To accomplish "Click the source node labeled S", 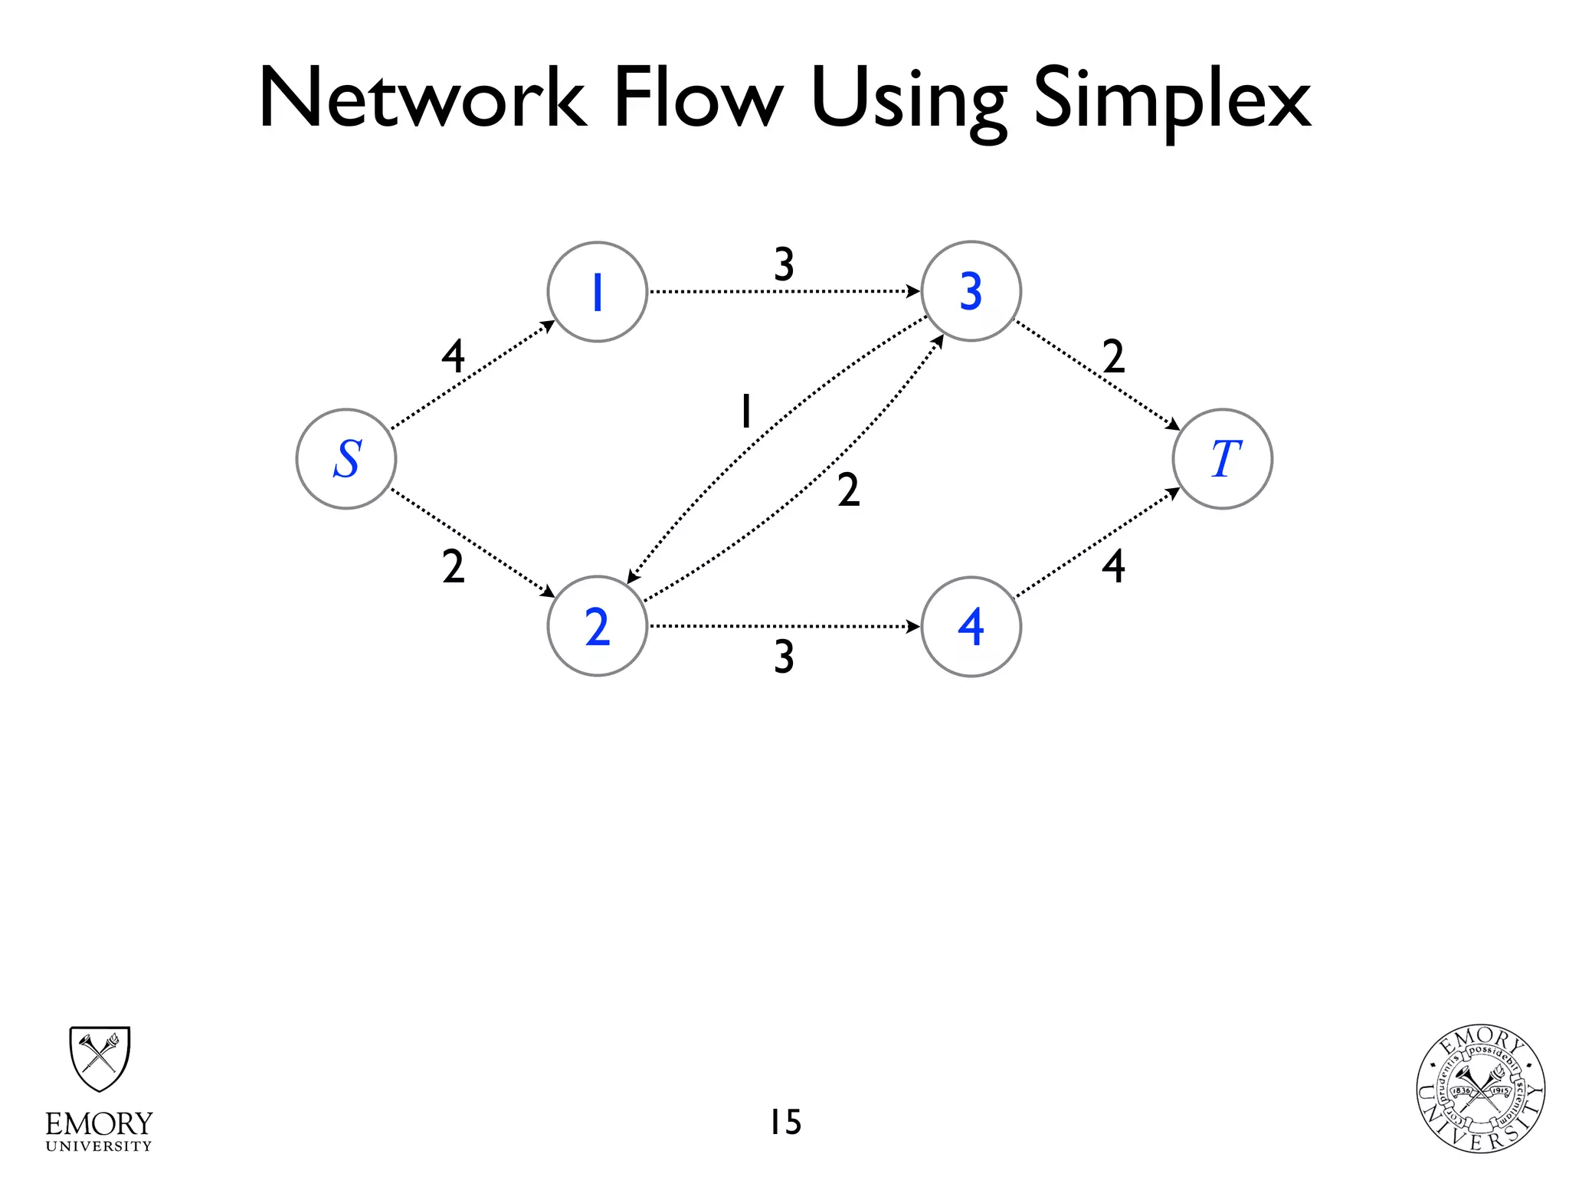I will (x=346, y=459).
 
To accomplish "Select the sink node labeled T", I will (x=1223, y=459).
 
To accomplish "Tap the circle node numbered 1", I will (x=598, y=292).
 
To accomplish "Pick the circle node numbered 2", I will (x=598, y=627).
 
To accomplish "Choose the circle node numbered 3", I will (x=971, y=292).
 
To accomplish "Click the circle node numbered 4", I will (x=971, y=627).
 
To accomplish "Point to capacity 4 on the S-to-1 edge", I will (x=454, y=356).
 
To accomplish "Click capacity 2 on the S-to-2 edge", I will (x=454, y=568).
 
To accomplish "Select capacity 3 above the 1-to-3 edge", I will (x=784, y=264).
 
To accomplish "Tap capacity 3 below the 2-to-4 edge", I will (x=784, y=657).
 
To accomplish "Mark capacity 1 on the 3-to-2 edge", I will (x=745, y=411).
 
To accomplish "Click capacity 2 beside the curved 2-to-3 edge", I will (x=849, y=490).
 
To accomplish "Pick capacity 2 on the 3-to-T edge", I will (x=1114, y=356).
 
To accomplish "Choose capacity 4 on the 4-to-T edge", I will (x=1114, y=567).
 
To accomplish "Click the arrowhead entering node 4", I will (x=913, y=627).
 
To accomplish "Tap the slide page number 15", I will (x=785, y=1122).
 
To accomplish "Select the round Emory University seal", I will (x=1480, y=1089).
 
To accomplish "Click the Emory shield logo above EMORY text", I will (x=100, y=1059).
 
